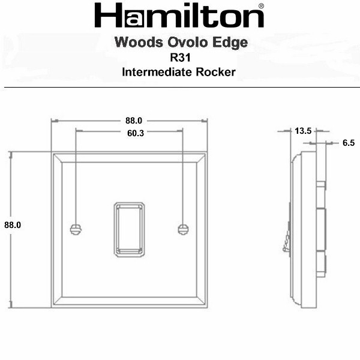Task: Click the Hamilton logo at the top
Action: [x=179, y=16]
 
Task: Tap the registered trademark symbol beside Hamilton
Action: [x=261, y=6]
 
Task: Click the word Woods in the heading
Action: [x=139, y=42]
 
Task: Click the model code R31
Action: [x=180, y=58]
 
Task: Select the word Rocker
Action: [x=215, y=72]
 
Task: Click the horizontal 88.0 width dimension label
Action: [x=134, y=121]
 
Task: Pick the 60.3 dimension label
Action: [x=136, y=133]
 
